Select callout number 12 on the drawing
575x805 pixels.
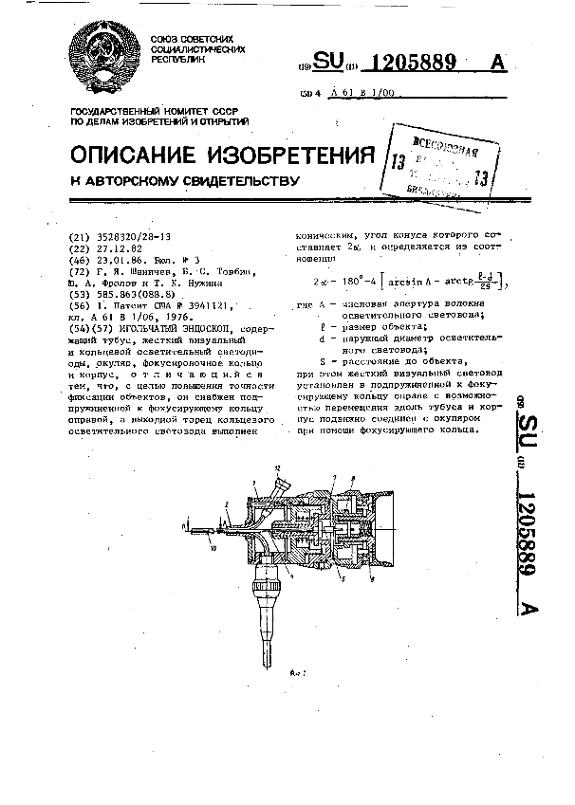coord(277,470)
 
